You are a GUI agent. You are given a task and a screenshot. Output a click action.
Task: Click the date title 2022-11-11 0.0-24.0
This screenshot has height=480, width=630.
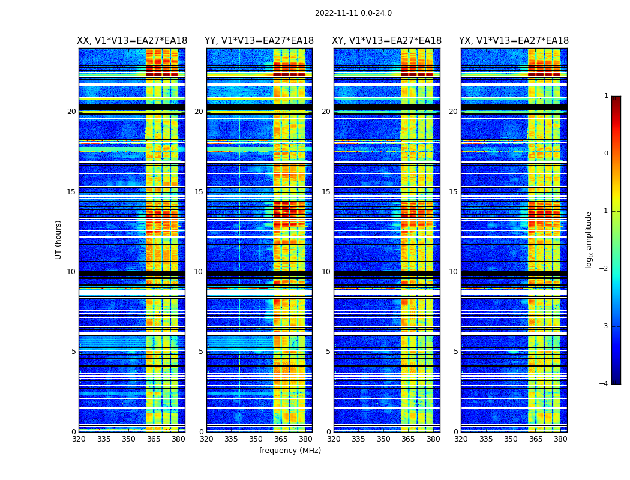point(353,13)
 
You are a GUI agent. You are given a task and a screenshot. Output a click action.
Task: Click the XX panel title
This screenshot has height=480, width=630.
point(132,41)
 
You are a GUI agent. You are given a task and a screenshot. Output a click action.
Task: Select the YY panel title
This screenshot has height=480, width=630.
point(259,41)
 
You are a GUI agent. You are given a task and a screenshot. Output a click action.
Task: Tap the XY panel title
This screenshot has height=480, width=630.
point(387,41)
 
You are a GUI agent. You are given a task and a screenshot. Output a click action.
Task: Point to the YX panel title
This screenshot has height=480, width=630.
point(514,41)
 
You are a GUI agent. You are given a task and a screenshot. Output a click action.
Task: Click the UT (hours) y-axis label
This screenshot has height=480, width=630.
point(58,239)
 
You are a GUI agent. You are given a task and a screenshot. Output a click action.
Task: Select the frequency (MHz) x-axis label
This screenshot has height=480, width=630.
point(290,451)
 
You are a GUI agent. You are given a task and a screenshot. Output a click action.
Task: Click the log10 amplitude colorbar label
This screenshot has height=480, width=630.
point(589,239)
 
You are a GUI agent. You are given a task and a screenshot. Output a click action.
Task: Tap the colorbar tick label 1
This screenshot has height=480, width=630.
point(606,96)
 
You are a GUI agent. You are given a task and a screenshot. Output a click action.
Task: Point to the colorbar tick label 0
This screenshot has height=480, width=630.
point(606,154)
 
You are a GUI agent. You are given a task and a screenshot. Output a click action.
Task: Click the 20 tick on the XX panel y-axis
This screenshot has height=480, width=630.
point(71,112)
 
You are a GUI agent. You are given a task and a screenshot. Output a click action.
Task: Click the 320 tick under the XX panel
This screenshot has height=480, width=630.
point(79,439)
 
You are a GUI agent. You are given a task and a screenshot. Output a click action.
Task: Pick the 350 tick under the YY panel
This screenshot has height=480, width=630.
point(256,439)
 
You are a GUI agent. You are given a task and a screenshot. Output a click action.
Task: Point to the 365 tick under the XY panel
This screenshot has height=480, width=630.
point(409,439)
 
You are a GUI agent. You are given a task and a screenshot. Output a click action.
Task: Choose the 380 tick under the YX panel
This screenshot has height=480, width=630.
point(560,439)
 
